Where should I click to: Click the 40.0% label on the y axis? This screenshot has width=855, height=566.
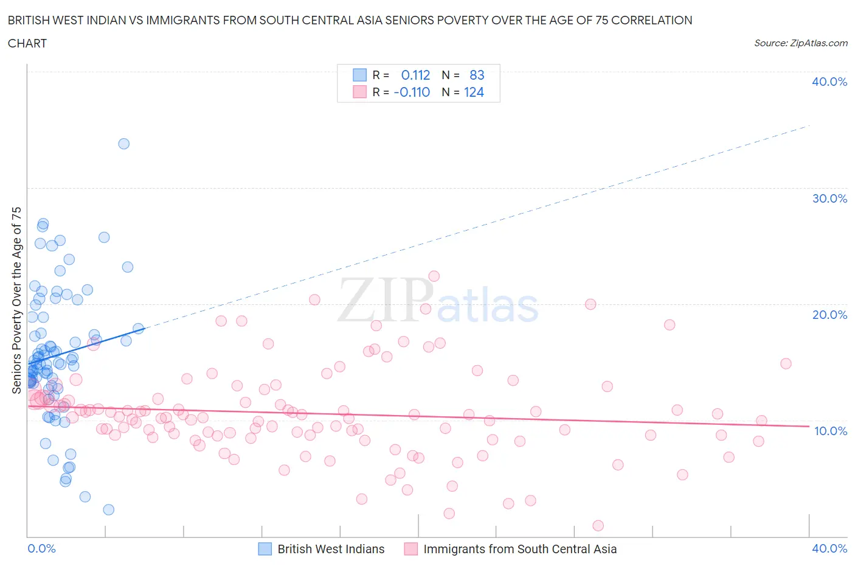click(x=829, y=82)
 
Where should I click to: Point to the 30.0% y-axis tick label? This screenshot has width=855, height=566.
click(x=829, y=198)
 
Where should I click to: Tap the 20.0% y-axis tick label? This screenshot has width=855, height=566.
click(x=829, y=315)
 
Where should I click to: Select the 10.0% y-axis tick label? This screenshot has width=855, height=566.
click(x=830, y=431)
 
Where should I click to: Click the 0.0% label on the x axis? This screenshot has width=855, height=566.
click(x=41, y=548)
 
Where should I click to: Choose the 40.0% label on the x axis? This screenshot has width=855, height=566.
click(x=829, y=548)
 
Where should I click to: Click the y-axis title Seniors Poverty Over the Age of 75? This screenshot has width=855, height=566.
click(x=16, y=300)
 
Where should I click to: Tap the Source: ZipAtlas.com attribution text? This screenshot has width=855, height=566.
click(x=800, y=43)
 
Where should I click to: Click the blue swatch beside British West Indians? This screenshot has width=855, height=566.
click(x=265, y=549)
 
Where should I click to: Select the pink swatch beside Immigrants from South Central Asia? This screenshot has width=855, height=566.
click(x=411, y=549)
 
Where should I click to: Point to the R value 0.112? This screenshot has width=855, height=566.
click(x=415, y=75)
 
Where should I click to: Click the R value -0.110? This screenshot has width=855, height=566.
click(x=412, y=92)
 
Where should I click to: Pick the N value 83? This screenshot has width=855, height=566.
click(x=477, y=75)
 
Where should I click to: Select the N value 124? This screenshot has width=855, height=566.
click(x=474, y=92)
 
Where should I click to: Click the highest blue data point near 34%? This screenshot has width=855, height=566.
click(x=123, y=144)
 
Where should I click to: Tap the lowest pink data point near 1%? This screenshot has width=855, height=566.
click(x=598, y=526)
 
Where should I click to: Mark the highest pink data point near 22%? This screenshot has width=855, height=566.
click(x=434, y=276)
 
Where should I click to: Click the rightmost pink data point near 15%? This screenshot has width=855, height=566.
click(x=786, y=363)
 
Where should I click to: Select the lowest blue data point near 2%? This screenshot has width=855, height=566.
click(x=108, y=509)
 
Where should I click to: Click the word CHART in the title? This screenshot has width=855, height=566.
click(x=27, y=43)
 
